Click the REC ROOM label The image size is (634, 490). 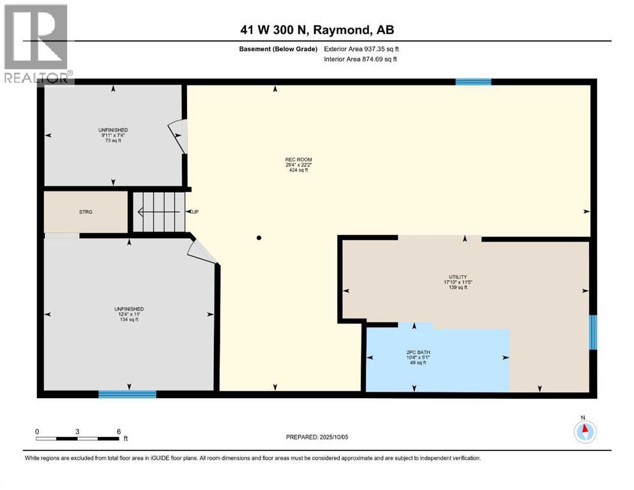299,160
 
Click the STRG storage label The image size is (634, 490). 85,212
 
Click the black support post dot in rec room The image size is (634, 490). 259,238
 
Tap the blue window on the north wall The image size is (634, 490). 473,82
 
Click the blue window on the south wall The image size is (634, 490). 127,394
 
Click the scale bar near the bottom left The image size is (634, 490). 77,438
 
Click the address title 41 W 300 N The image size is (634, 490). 316,30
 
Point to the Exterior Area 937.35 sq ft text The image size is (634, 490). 362,48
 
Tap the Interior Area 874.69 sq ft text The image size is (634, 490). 361,59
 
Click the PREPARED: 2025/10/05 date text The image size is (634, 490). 317,437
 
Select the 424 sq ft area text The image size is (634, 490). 299,171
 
